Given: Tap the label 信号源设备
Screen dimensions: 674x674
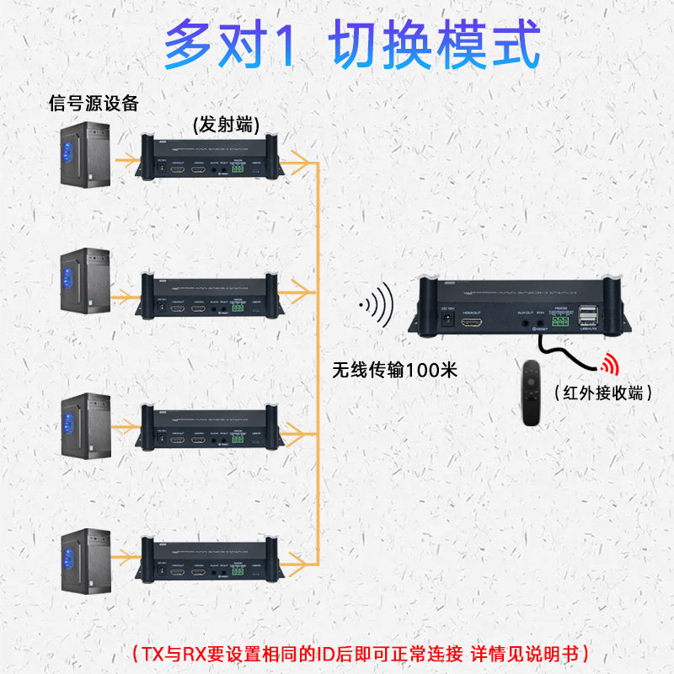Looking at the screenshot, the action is (x=94, y=104).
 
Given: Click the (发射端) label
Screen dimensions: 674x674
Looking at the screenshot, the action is (x=225, y=124).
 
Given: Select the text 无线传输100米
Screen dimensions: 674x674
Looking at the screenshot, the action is (x=394, y=369).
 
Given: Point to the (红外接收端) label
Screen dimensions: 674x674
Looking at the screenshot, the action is (x=603, y=393).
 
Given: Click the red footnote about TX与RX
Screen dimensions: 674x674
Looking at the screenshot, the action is (x=361, y=653).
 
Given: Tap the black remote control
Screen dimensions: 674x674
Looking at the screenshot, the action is (x=530, y=391).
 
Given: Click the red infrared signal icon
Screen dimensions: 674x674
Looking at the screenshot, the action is (x=607, y=363).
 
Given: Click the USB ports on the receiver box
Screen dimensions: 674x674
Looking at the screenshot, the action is (x=588, y=318).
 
